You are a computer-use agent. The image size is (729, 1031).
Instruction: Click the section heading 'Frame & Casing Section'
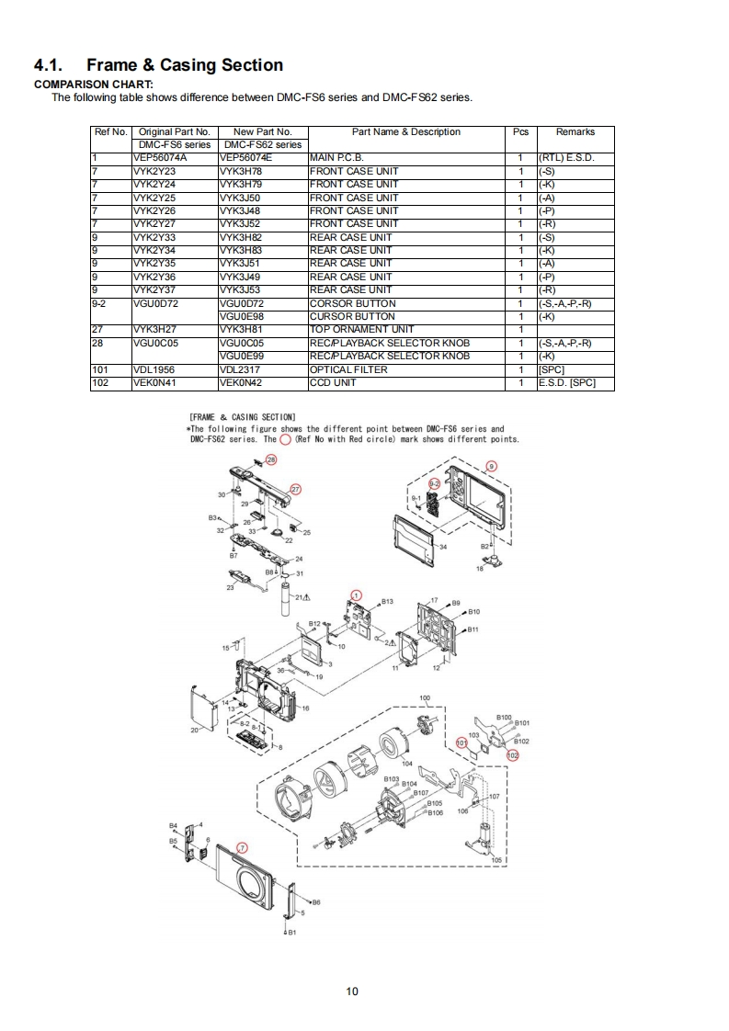[x=184, y=65]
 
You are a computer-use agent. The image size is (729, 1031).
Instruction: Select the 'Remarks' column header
[x=575, y=132]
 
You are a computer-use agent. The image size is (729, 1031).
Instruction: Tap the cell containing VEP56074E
[x=247, y=158]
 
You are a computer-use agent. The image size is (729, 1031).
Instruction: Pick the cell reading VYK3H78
[x=241, y=171]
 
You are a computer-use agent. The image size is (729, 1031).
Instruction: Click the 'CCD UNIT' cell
[x=333, y=383]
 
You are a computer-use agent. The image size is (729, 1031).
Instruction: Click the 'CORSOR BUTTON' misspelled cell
[x=352, y=303]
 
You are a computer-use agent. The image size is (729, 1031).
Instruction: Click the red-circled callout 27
[x=296, y=489]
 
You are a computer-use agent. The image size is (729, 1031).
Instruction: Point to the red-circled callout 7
[x=243, y=847]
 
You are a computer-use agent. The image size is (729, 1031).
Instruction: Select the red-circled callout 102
[x=513, y=754]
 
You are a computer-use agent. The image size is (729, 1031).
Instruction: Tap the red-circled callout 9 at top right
[x=491, y=467]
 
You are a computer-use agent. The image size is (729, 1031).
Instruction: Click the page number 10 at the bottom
[x=352, y=991]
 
